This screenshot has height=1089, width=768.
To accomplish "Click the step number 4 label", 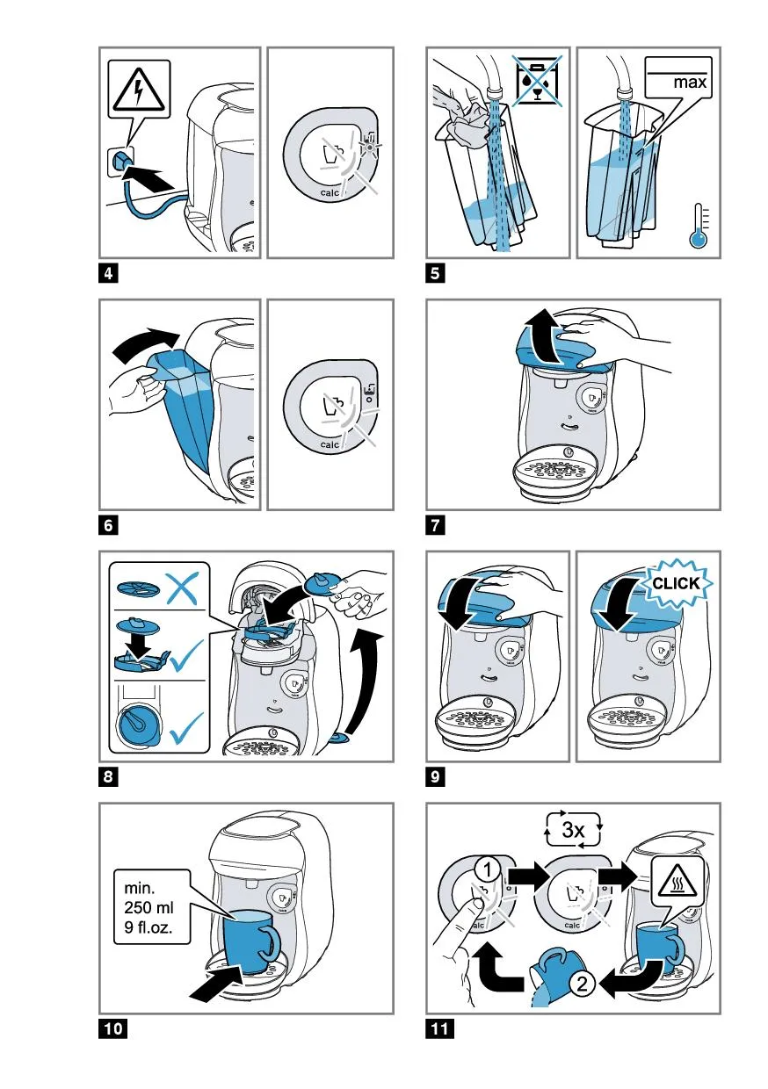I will click(107, 273).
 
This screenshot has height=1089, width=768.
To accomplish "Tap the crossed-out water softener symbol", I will click(539, 81).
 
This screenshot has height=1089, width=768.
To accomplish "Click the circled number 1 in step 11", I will click(489, 869).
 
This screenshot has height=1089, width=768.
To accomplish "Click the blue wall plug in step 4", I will click(121, 161).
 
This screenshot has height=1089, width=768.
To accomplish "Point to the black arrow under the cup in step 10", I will click(216, 984).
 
